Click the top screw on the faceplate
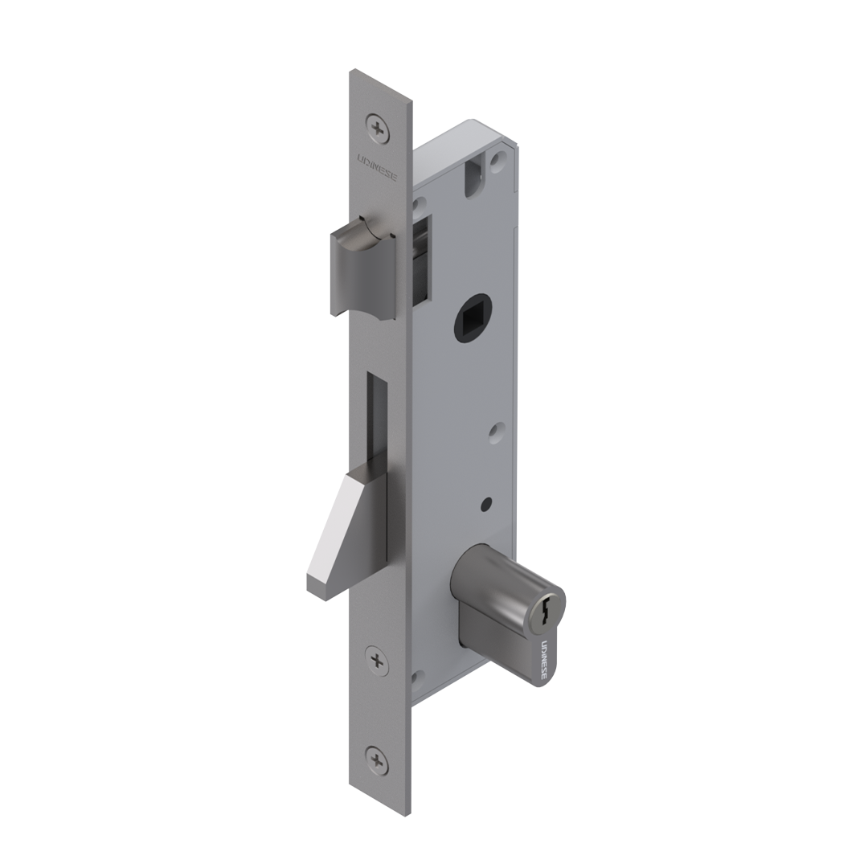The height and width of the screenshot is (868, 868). tap(378, 128)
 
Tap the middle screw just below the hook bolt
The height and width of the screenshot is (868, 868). tap(377, 661)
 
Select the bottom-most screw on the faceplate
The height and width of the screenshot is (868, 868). tap(377, 759)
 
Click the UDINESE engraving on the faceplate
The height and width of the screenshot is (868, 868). tap(377, 168)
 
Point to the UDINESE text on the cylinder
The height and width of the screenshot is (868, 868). tap(543, 661)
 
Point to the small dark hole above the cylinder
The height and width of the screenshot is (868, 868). tap(485, 505)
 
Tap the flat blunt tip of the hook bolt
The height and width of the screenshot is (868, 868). tap(316, 587)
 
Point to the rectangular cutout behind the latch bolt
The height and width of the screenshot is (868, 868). tap(421, 259)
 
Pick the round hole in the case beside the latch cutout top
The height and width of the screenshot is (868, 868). tap(417, 206)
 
